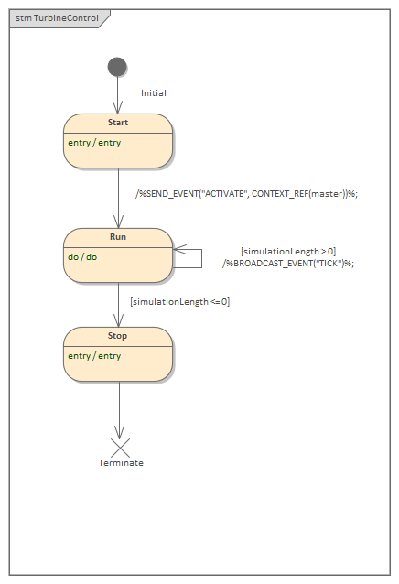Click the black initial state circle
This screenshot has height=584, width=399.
pyautogui.click(x=117, y=67)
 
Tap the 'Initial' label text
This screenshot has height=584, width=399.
pyautogui.click(x=154, y=93)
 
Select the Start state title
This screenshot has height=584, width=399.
pyautogui.click(x=118, y=123)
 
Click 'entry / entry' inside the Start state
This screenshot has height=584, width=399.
pyautogui.click(x=94, y=143)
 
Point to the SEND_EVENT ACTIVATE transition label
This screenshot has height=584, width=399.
pyautogui.click(x=245, y=193)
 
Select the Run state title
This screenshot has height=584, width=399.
pyautogui.click(x=118, y=237)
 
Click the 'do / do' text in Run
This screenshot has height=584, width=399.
pyautogui.click(x=81, y=257)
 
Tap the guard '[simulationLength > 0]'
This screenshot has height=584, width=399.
pyautogui.click(x=287, y=251)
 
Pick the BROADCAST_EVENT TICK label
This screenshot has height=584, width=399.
pyautogui.click(x=287, y=263)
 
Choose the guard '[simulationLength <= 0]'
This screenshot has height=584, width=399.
pyautogui.click(x=179, y=301)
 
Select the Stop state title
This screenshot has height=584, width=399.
pyautogui.click(x=118, y=336)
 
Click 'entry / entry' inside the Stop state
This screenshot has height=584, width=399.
pyautogui.click(x=94, y=356)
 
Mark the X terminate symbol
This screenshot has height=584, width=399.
pyautogui.click(x=119, y=448)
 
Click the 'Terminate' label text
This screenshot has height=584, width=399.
pyautogui.click(x=121, y=463)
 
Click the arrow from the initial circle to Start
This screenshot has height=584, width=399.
pyautogui.click(x=118, y=95)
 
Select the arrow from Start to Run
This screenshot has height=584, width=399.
pyautogui.click(x=118, y=198)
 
